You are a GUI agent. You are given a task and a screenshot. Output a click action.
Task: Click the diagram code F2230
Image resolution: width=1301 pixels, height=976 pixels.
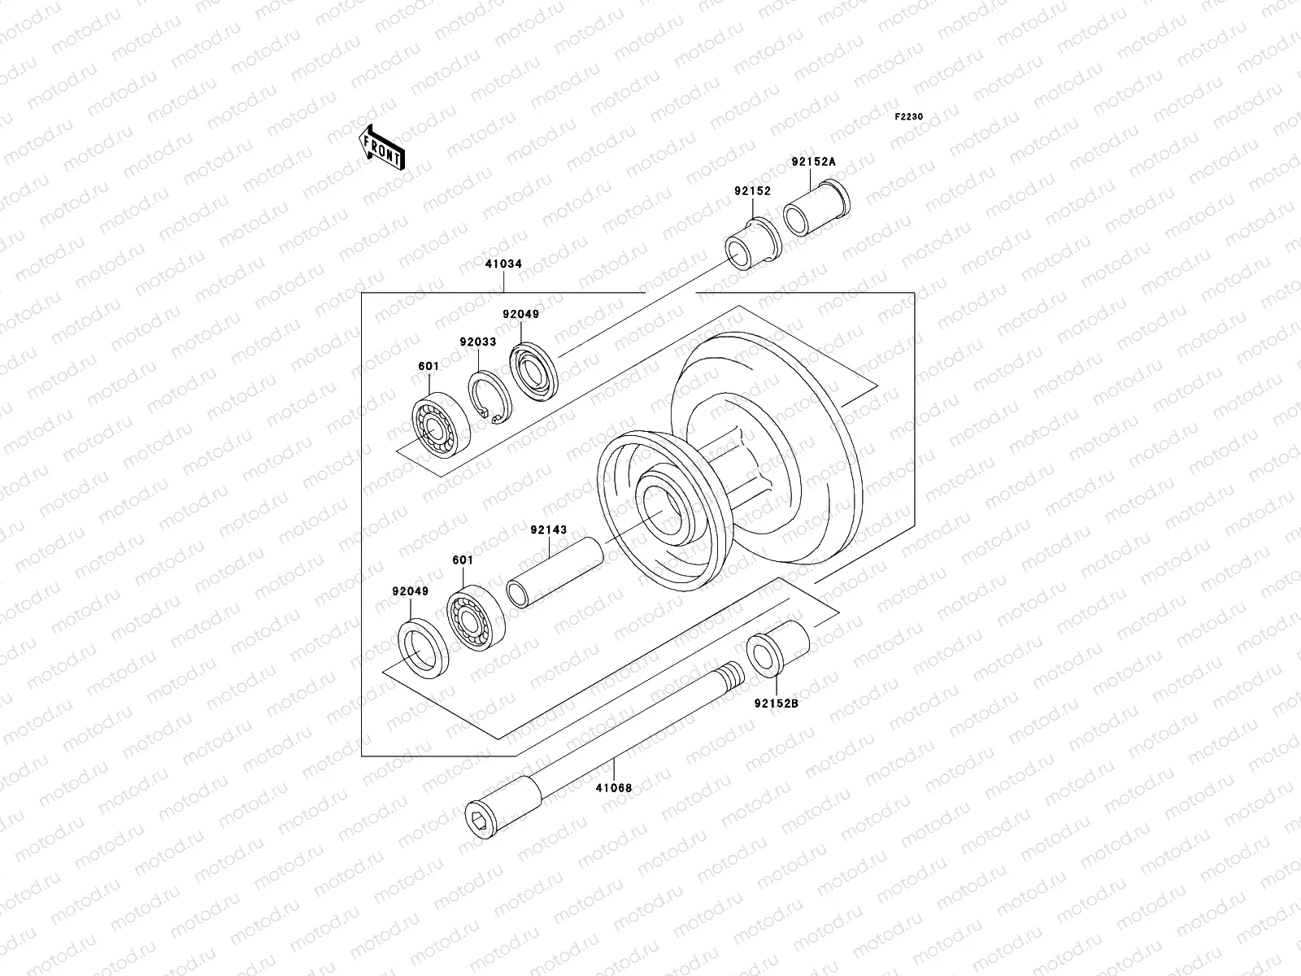point(909,117)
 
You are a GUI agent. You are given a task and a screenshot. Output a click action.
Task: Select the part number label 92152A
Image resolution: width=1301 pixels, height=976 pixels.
point(812,162)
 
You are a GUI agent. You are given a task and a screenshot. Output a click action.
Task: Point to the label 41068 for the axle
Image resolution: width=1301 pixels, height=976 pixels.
point(613,787)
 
